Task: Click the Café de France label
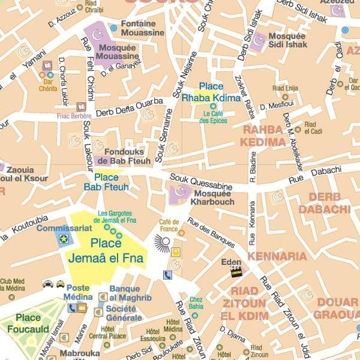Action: [x=169, y=225]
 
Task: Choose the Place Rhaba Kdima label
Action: [x=211, y=92]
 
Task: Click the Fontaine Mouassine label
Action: [x=142, y=28]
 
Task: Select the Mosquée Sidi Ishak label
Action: [x=287, y=40]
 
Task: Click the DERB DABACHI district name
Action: [x=324, y=203]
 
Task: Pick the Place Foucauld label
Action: [x=28, y=322]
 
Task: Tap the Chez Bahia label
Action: [x=196, y=303]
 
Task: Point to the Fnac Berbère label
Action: [x=74, y=116]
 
